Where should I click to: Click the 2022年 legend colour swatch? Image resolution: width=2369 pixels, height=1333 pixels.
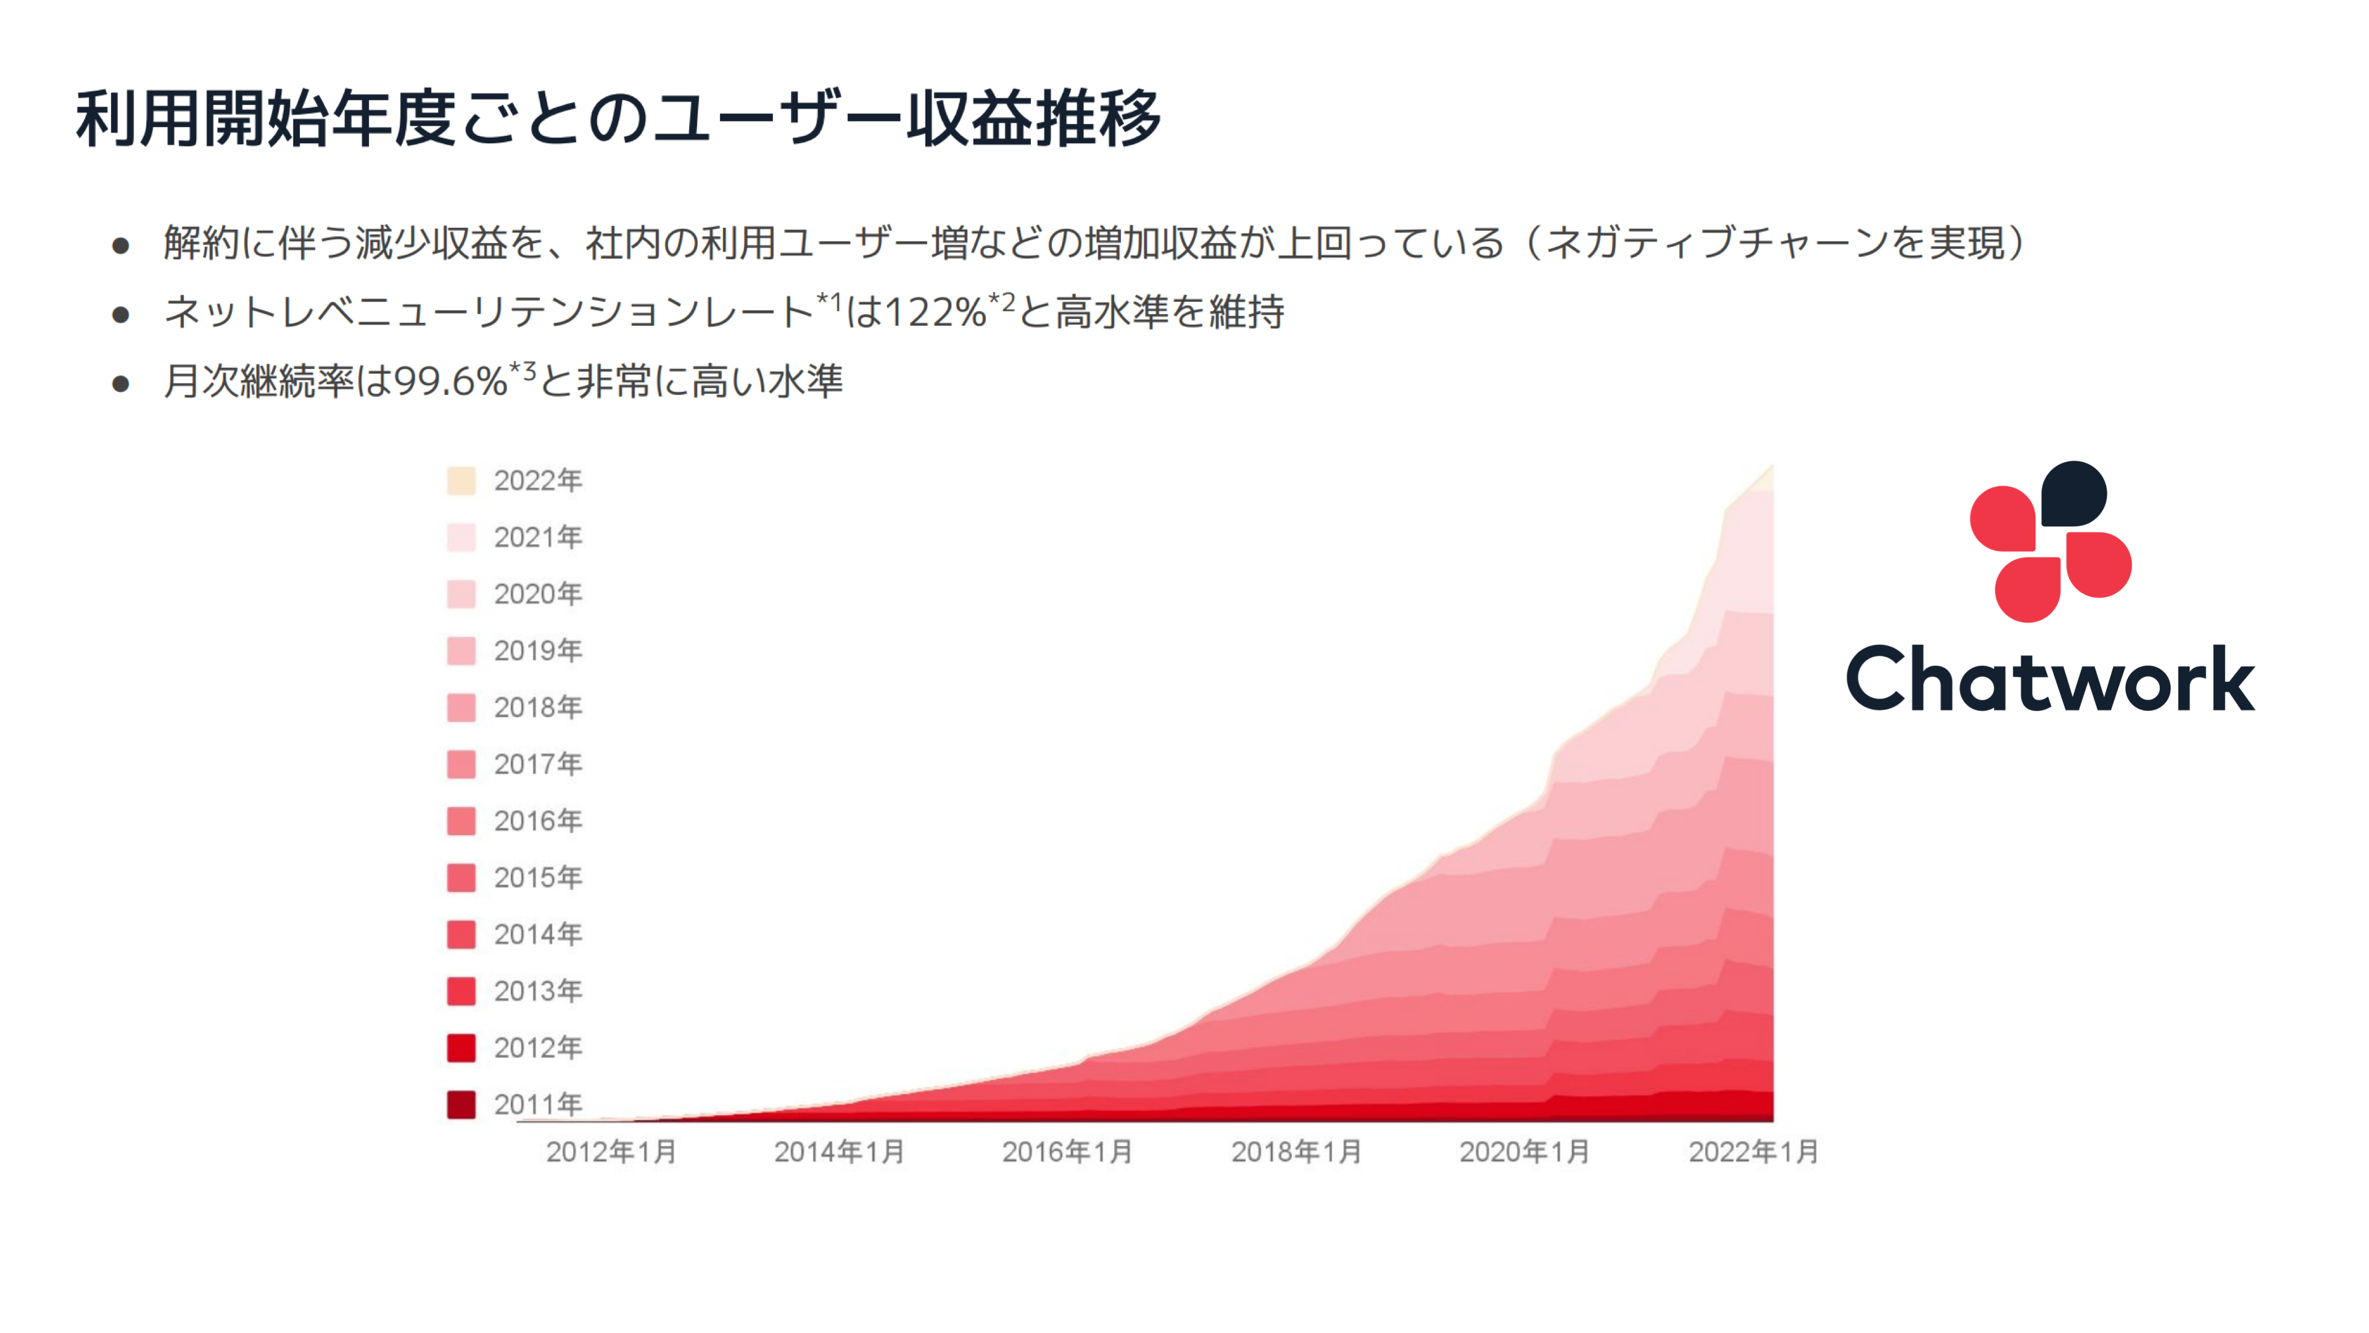pos(461,480)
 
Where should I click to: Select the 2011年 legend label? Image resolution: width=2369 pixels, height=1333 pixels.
pos(538,1104)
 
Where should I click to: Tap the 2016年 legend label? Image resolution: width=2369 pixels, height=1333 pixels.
pos(538,821)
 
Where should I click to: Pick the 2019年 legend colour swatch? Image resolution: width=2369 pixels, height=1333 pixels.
pos(461,650)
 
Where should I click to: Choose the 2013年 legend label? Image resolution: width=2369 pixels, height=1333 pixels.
pos(538,990)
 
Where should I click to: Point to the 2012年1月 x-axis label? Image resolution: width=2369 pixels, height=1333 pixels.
pos(611,1152)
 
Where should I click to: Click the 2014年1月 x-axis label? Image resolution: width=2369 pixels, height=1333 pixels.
pos(839,1152)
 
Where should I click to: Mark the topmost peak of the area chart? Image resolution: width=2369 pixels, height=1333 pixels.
pos(1771,467)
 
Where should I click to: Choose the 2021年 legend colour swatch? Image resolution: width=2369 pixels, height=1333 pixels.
pos(461,538)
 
